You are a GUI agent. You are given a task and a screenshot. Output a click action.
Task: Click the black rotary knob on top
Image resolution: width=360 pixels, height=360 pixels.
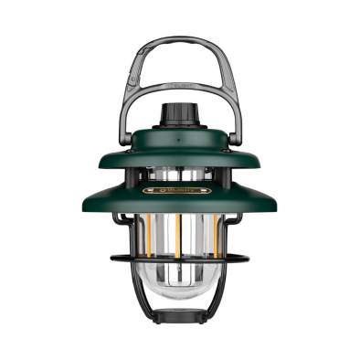tap(179, 114)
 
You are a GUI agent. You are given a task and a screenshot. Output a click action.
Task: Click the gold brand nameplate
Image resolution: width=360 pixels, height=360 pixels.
tap(179, 190)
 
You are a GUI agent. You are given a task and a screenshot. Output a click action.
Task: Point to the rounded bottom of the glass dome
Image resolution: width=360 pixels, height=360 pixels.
tap(179, 297)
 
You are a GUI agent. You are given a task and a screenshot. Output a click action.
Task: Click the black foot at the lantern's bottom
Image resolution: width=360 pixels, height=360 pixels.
tap(179, 317)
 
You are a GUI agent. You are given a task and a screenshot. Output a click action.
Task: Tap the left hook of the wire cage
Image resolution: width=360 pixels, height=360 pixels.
tap(120, 219)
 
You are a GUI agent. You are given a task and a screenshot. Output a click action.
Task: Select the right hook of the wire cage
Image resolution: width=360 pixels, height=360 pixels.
tap(239, 219)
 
